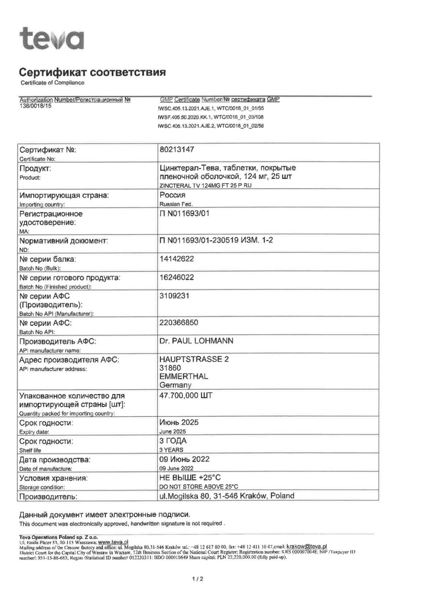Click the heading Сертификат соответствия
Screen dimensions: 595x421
(92, 73)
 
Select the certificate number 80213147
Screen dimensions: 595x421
(176, 149)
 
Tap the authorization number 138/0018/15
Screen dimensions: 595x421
(35, 106)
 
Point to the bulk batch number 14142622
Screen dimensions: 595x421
(176, 259)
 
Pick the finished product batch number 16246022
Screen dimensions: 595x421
(176, 277)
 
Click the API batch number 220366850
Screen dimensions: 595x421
(179, 323)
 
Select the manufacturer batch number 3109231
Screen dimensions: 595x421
(174, 296)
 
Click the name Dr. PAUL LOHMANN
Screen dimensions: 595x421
(196, 341)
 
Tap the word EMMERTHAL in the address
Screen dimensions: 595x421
(183, 377)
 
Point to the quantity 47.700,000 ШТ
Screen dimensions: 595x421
(186, 395)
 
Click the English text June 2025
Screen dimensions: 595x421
(173, 432)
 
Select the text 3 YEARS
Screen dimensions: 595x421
(171, 450)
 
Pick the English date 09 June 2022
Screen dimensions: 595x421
(176, 468)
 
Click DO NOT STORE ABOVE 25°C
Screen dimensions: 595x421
(199, 487)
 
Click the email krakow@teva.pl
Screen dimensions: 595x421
(307, 546)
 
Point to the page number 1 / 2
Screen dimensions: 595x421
(198, 579)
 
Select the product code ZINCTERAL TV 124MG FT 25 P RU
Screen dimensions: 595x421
(205, 185)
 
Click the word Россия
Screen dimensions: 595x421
(172, 195)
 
